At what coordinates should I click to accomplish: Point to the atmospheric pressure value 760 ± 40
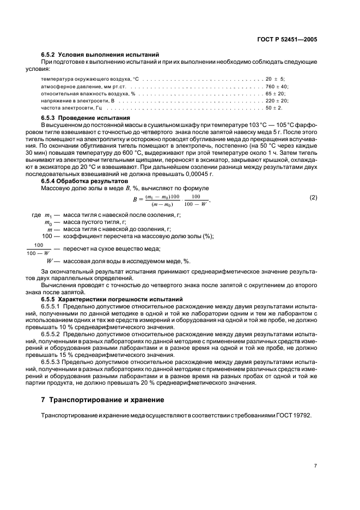(x=276, y=87)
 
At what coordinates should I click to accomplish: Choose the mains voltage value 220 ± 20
(x=276, y=101)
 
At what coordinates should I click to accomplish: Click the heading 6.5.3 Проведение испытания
(x=86, y=118)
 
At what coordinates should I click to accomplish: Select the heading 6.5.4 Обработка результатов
(x=84, y=180)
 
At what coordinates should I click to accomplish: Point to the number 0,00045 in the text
(x=203, y=174)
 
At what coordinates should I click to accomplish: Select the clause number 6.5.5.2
(x=52, y=334)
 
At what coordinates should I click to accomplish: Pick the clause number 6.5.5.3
(x=52, y=362)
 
